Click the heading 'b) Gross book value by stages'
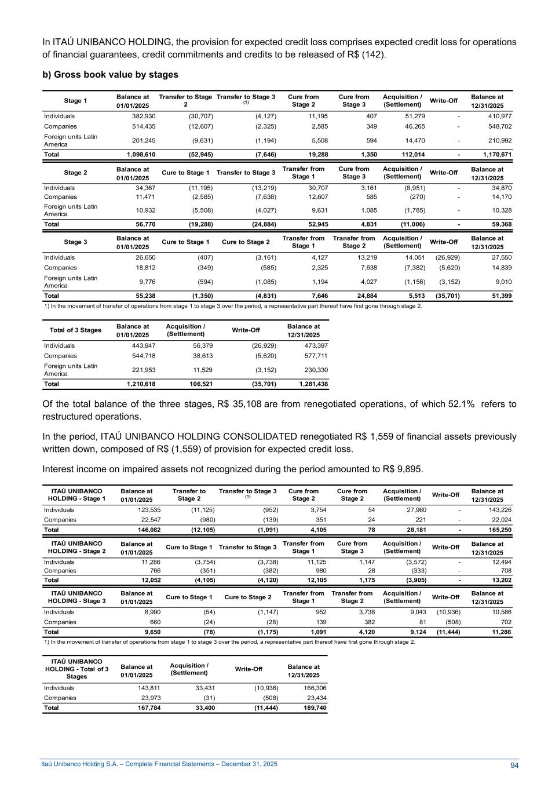[110, 75]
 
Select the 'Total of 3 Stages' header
[75, 330]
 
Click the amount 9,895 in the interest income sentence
[410, 469]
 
